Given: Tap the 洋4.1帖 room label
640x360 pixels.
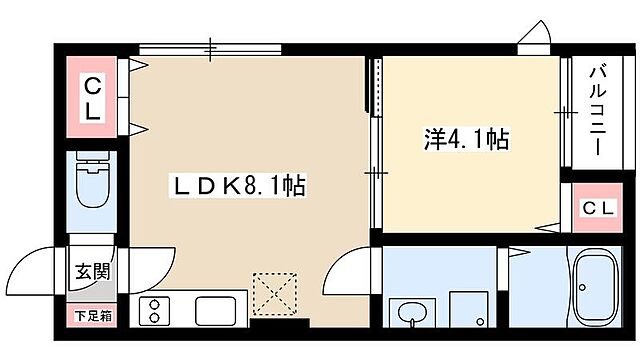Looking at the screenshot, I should point(467,141).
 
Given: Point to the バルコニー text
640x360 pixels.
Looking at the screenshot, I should point(596,111).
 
